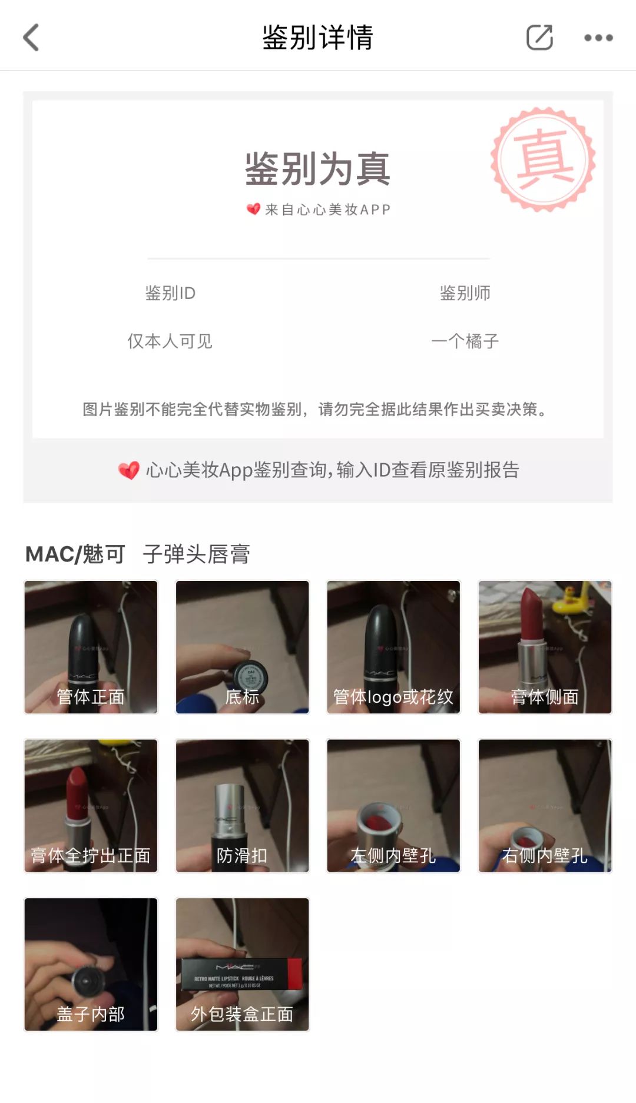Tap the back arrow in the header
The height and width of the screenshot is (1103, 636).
pos(31,38)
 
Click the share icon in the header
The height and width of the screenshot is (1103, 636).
pos(539,38)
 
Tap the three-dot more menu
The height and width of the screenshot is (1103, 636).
pos(598,38)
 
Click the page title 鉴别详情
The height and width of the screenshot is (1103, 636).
pos(317,38)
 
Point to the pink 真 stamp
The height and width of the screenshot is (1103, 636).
pos(543,159)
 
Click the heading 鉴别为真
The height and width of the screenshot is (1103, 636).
pos(317,169)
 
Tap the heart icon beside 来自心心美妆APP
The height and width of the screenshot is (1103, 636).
pos(253,209)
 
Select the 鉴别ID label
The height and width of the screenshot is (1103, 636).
pos(170,293)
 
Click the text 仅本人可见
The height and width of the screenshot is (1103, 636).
pos(170,341)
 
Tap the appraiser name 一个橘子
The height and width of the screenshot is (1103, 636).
pos(465,341)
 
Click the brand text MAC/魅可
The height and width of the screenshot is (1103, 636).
pos(75,554)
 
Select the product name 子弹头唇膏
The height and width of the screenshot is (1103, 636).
pos(196,554)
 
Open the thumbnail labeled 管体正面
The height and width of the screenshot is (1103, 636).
pos(91,647)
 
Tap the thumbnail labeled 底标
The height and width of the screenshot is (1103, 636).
pos(242,647)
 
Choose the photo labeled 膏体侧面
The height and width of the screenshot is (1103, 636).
pos(545,647)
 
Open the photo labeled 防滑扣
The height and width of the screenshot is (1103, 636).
pos(242,805)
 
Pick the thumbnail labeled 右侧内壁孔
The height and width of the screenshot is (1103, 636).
pos(545,805)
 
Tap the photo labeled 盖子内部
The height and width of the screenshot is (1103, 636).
pos(91,964)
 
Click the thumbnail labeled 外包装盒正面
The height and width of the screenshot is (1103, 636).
pos(242,964)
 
